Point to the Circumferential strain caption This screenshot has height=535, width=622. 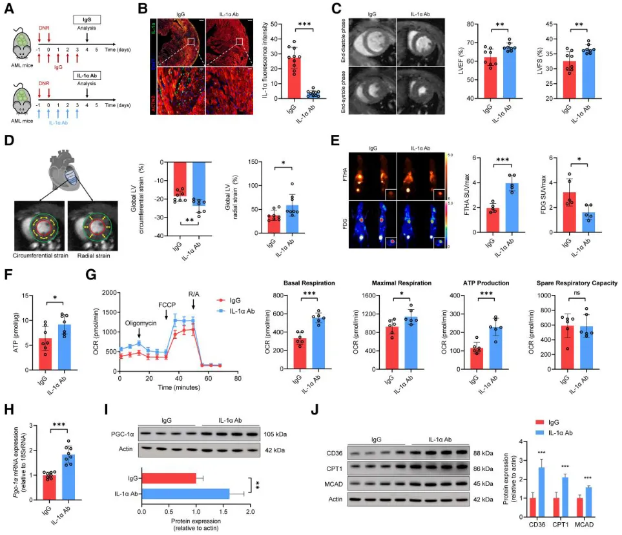click(x=41, y=245)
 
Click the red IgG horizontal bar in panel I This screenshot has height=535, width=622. click(x=169, y=478)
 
